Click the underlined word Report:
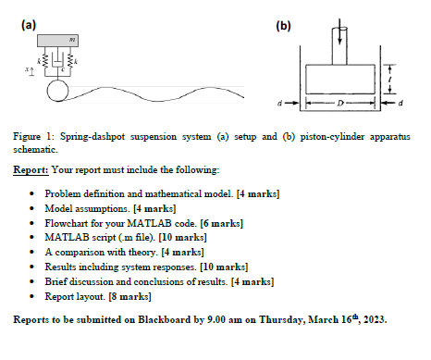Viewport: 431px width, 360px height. point(32,171)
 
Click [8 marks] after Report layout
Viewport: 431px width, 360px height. point(130,296)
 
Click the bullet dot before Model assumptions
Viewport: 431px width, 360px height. point(32,209)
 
